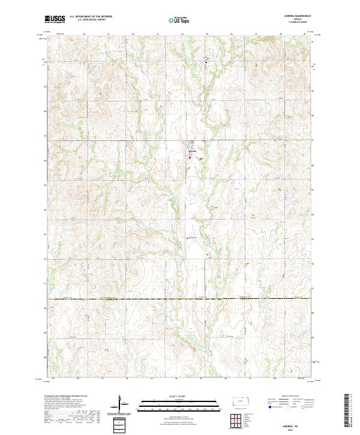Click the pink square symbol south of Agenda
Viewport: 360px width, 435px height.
[190, 158]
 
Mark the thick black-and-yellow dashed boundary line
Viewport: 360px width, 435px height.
[180, 298]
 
